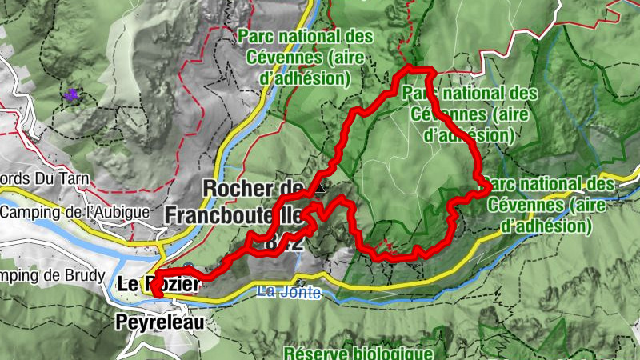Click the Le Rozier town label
click(x=156, y=284)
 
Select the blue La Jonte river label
click(x=289, y=293)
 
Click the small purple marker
click(x=73, y=95)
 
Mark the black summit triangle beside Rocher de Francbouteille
click(x=321, y=189)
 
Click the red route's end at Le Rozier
click(x=158, y=294)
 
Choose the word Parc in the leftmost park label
click(x=257, y=36)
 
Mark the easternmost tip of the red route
click(x=488, y=186)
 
